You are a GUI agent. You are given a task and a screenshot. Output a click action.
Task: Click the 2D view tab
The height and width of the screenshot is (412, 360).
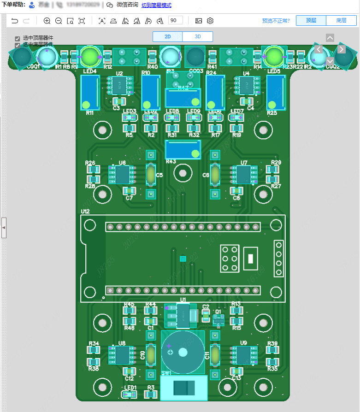click(x=167, y=37)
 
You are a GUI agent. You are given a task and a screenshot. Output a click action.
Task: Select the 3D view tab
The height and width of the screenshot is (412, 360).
click(x=198, y=37)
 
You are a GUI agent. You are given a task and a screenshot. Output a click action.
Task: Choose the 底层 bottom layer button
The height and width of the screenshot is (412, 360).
click(x=341, y=21)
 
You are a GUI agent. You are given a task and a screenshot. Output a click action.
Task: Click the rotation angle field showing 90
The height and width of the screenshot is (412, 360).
click(x=176, y=21)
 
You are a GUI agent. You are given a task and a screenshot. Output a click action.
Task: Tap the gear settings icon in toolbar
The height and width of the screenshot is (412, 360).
click(x=210, y=21)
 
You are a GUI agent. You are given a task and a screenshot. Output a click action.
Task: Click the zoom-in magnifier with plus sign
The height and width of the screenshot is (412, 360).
click(x=47, y=21)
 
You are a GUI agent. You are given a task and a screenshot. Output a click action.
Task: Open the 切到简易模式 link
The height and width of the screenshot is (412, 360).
click(x=156, y=5)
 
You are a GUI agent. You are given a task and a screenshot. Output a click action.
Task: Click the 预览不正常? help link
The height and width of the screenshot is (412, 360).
click(x=276, y=21)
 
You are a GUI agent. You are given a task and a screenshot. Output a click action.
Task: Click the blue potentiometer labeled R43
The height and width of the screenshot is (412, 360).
click(x=183, y=150)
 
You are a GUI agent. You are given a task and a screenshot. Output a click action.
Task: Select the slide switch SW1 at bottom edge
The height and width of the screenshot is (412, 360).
click(x=183, y=388)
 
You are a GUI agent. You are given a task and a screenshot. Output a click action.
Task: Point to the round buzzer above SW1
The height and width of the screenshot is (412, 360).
click(x=183, y=353)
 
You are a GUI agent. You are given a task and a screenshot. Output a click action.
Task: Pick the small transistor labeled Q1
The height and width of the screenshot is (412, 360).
click(x=218, y=320)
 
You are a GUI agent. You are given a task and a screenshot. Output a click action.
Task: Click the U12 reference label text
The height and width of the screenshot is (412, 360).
click(x=85, y=212)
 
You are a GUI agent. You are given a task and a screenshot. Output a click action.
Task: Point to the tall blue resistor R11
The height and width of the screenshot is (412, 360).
click(x=90, y=92)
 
